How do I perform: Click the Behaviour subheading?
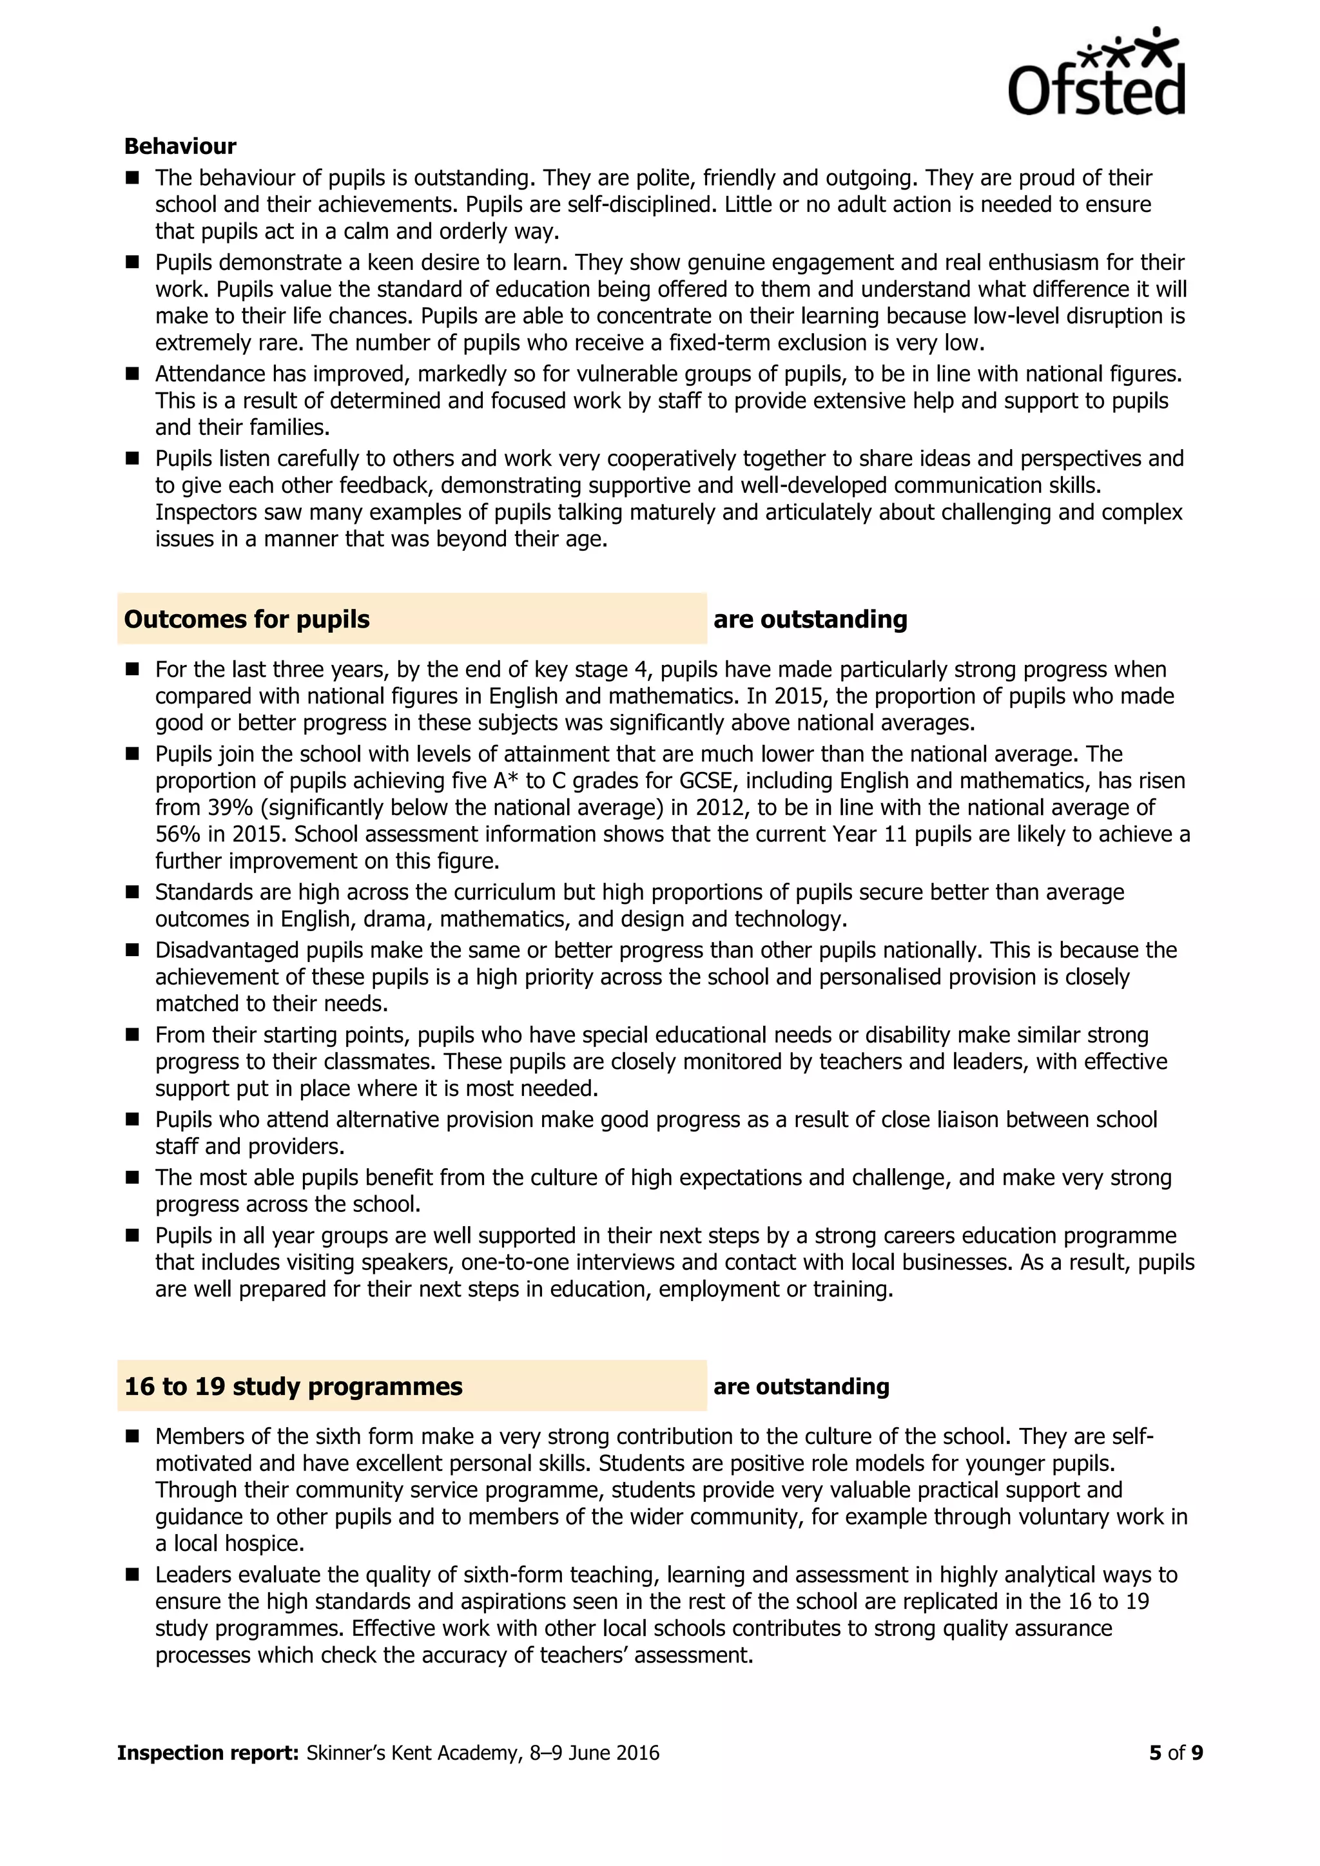pos(180,146)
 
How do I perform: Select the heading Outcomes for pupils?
pos(246,619)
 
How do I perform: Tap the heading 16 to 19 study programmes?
pos(293,1386)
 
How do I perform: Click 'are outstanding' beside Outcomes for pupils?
pos(810,619)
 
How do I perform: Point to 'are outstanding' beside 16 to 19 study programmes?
pos(801,1386)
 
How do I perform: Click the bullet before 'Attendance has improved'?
pos(133,374)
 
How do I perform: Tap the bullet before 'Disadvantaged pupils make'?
pos(133,950)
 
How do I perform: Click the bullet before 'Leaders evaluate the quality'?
pos(133,1574)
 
